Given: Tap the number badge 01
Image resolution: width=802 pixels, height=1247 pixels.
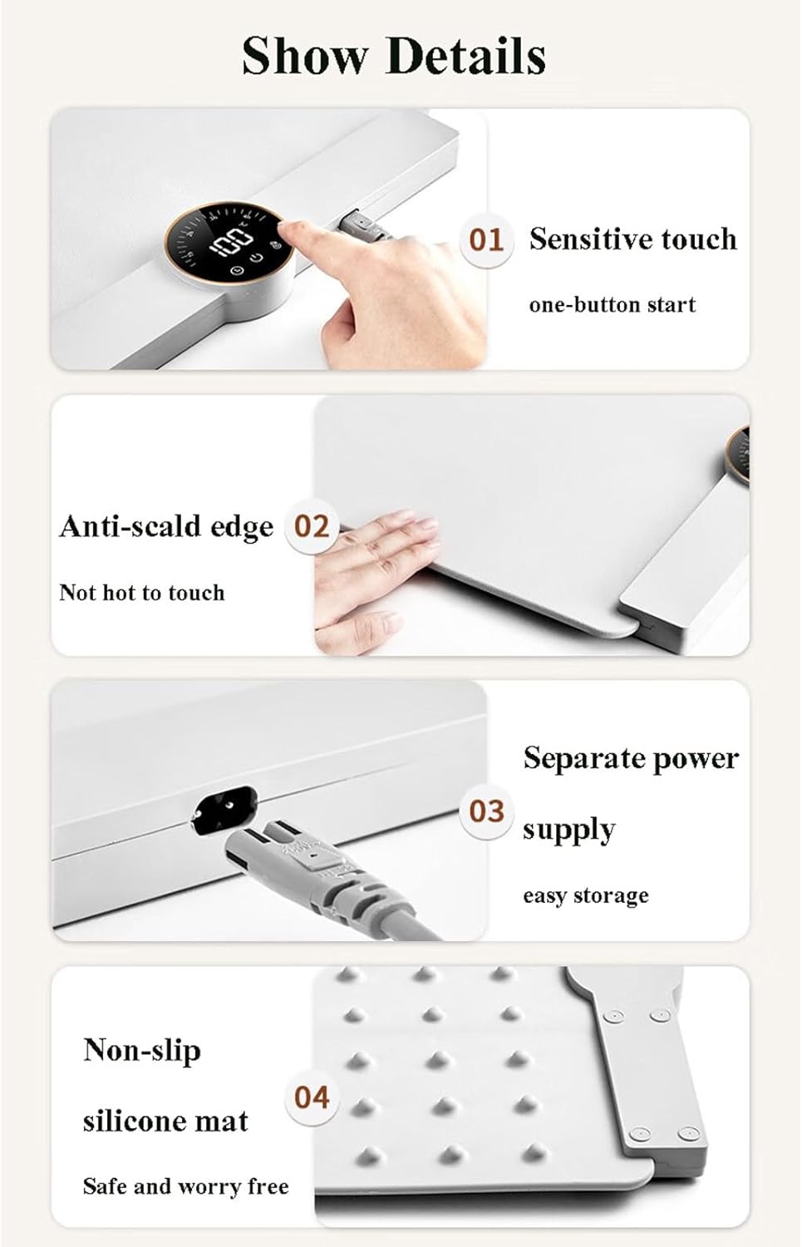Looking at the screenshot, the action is [x=486, y=240].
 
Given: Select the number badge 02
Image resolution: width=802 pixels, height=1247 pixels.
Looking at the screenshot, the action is [x=311, y=526].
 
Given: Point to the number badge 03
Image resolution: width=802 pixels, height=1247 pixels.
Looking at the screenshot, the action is [x=486, y=811].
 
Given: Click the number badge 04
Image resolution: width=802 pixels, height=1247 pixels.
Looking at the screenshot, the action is [x=312, y=1097].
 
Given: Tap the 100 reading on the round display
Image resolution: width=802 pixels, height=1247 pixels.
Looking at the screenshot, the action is [x=230, y=243].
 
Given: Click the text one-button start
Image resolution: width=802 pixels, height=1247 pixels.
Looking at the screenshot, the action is [x=613, y=304].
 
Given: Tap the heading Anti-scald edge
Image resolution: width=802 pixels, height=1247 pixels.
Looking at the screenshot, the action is [x=166, y=526].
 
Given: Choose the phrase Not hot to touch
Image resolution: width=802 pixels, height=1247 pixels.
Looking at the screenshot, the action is [x=142, y=592].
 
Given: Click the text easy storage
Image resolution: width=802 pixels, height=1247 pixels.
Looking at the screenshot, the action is [x=585, y=895].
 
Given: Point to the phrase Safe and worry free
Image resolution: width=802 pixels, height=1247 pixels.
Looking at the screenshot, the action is [x=186, y=1185].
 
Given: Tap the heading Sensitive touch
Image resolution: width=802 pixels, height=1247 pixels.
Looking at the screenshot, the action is [x=632, y=239].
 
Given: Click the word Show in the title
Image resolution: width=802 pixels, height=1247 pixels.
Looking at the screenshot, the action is [x=305, y=56].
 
